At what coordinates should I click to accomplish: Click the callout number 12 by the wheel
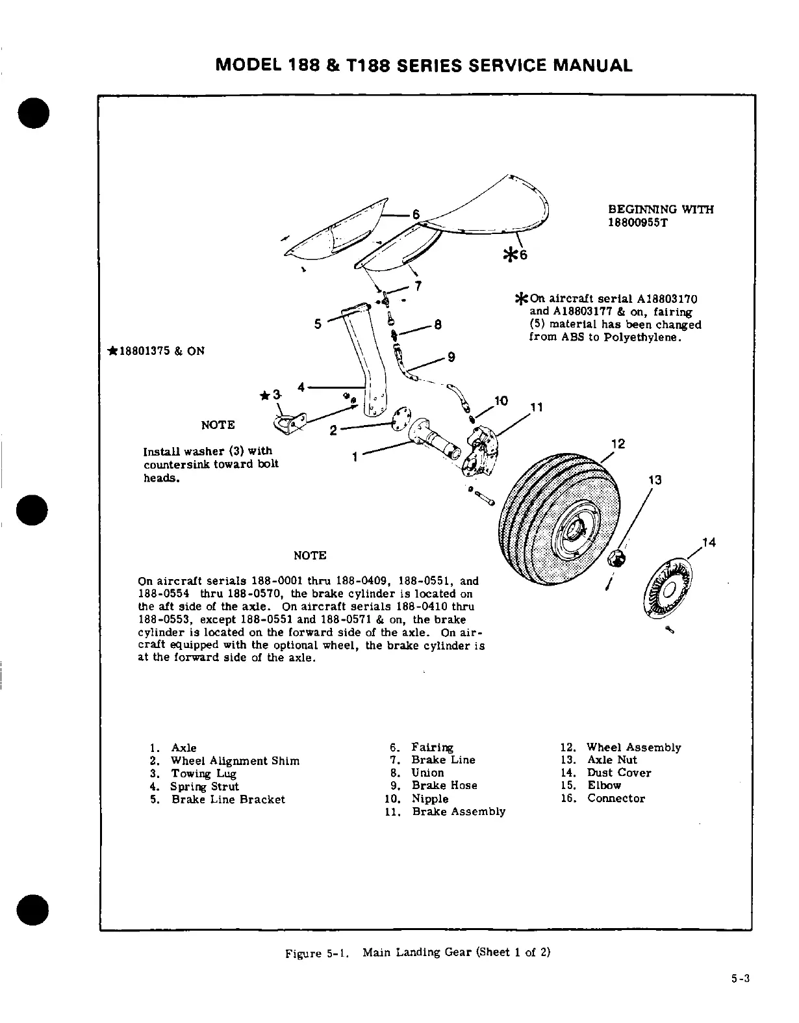[618, 444]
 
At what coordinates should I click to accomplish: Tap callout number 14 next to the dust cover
[708, 543]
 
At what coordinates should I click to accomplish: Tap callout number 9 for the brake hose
[451, 357]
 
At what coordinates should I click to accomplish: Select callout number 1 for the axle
[355, 457]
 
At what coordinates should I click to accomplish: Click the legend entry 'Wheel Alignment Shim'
[235, 760]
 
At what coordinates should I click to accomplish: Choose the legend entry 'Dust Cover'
[618, 773]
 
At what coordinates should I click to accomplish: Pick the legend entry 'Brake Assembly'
[458, 811]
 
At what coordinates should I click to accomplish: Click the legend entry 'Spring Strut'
[205, 786]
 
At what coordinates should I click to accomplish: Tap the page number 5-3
[739, 979]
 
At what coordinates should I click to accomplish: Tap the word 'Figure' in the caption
[303, 953]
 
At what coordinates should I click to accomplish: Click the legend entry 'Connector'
[616, 799]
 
